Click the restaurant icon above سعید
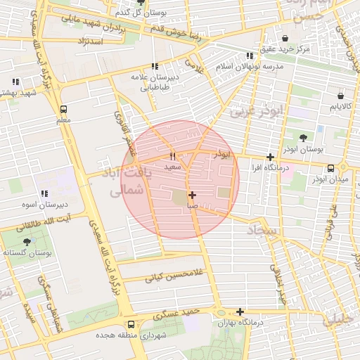(172, 156)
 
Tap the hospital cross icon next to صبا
(192, 195)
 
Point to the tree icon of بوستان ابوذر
(303, 138)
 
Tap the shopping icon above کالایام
(340, 95)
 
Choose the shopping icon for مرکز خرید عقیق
(285, 38)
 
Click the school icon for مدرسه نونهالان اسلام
(250, 56)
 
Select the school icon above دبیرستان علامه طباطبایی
(155, 67)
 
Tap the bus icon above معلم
(64, 109)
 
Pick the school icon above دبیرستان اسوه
(44, 193)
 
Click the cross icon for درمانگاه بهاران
(240, 311)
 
